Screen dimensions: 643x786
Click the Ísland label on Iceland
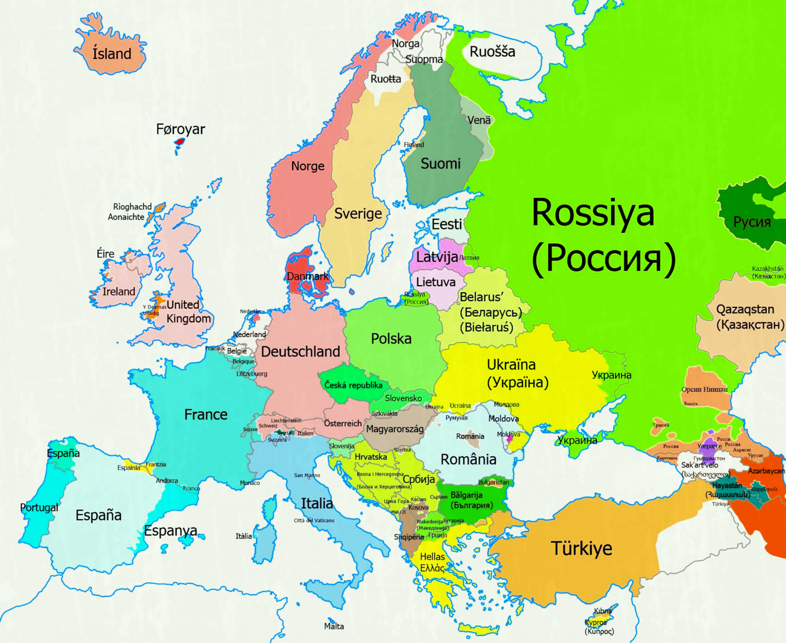click(112, 53)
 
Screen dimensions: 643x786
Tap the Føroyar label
click(180, 129)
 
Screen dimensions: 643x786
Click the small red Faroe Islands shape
click(180, 141)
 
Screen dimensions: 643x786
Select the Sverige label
click(358, 214)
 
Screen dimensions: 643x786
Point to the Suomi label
click(440, 163)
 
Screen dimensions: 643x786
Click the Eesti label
click(446, 224)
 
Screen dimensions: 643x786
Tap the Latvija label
click(437, 257)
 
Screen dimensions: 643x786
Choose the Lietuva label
click(435, 282)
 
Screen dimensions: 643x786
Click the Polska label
click(391, 339)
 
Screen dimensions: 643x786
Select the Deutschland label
click(300, 352)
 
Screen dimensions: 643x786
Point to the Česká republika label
click(353, 385)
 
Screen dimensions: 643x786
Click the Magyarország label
click(395, 429)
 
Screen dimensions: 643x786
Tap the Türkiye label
click(581, 548)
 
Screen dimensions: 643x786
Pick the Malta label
click(334, 626)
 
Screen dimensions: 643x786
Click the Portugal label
click(39, 507)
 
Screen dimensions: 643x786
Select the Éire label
click(105, 254)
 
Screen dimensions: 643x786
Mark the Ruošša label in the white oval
click(492, 52)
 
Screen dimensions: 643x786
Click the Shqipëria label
click(409, 537)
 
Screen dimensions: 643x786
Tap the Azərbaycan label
click(766, 471)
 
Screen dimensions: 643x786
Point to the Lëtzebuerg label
click(252, 374)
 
